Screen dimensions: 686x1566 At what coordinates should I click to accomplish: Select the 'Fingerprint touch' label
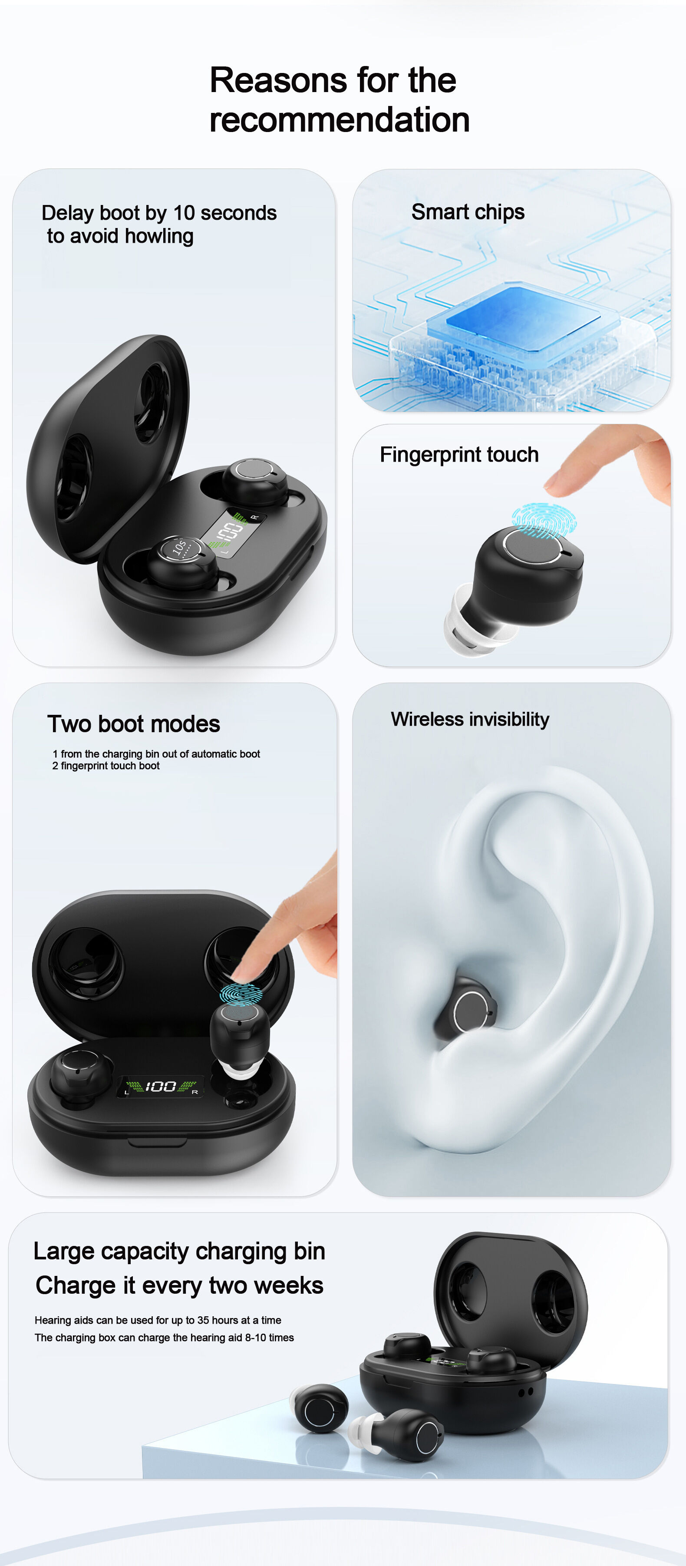[459, 455]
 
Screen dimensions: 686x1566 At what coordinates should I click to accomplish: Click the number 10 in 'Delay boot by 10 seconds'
[184, 213]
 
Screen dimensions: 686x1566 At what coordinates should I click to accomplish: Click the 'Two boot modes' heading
[134, 724]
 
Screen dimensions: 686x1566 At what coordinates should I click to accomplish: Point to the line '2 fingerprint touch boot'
[106, 766]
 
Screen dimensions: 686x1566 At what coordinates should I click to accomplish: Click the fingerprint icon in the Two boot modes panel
[241, 994]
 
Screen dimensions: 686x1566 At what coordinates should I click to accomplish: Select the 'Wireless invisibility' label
[470, 719]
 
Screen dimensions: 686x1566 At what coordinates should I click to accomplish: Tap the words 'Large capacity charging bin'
[179, 1251]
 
